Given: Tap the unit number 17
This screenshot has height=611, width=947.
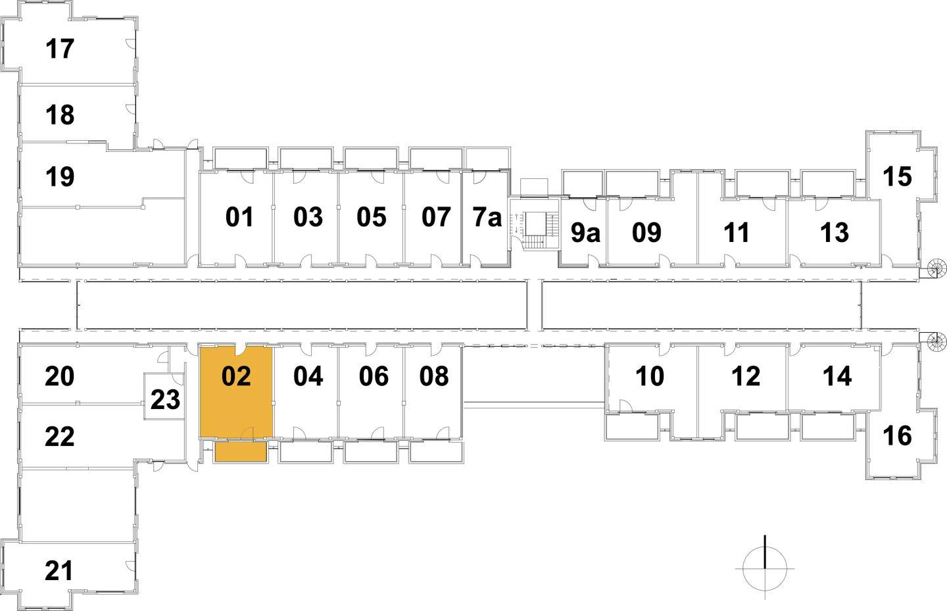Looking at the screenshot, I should click(x=60, y=49).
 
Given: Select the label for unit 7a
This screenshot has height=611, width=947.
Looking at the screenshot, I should click(x=487, y=217).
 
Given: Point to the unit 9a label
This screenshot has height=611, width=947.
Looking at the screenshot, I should click(x=585, y=233).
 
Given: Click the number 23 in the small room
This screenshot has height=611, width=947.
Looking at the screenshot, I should click(x=165, y=399).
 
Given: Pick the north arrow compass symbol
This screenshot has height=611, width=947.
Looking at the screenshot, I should click(x=765, y=568).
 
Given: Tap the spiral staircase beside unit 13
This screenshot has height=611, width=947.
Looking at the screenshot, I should click(x=935, y=268).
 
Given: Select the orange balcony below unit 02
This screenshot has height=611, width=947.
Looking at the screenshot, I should click(x=240, y=452).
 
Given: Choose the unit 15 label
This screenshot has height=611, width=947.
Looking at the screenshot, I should click(x=897, y=176).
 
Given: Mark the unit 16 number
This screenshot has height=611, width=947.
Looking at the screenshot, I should click(x=897, y=435).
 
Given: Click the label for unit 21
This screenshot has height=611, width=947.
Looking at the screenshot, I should click(x=59, y=571).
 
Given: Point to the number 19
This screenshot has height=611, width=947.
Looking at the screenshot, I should click(x=60, y=177).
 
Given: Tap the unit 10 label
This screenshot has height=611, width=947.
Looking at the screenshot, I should click(x=650, y=376).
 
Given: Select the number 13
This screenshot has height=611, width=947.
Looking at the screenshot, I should click(x=835, y=233).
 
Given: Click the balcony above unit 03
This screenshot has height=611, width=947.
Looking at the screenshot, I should click(x=305, y=159).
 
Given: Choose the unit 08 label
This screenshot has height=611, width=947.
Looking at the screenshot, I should click(x=434, y=376).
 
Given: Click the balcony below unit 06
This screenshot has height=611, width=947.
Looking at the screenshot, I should click(x=370, y=452).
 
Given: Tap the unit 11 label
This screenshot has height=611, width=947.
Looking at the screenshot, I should click(x=737, y=233).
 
